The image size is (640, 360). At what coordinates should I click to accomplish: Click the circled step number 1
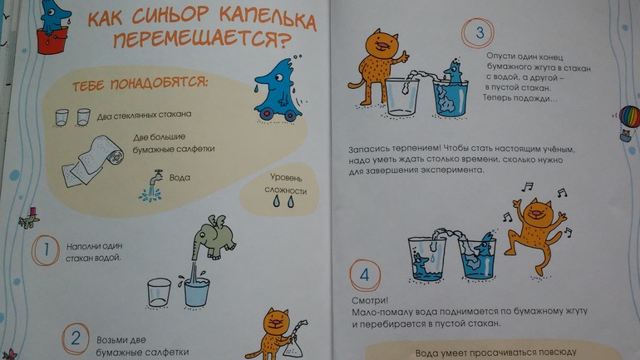(x=46, y=249)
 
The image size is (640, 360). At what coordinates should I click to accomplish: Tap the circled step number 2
(x=76, y=338)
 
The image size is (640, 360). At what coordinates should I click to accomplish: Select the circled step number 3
(x=478, y=32)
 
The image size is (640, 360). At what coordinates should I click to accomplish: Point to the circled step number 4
(x=365, y=274)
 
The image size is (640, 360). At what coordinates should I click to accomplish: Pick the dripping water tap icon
(x=151, y=185)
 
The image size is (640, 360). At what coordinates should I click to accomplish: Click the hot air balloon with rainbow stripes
(x=629, y=123)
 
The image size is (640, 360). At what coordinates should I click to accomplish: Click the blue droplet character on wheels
(x=278, y=91)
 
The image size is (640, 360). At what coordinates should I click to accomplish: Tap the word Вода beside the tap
(x=180, y=178)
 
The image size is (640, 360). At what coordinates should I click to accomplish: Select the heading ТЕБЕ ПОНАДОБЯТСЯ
(x=140, y=84)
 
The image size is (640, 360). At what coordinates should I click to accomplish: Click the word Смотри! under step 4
(x=370, y=300)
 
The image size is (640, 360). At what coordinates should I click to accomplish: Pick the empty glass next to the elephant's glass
(x=160, y=293)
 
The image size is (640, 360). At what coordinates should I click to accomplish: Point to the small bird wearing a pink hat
(x=29, y=218)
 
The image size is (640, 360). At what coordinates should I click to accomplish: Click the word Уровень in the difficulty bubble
(x=286, y=178)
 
